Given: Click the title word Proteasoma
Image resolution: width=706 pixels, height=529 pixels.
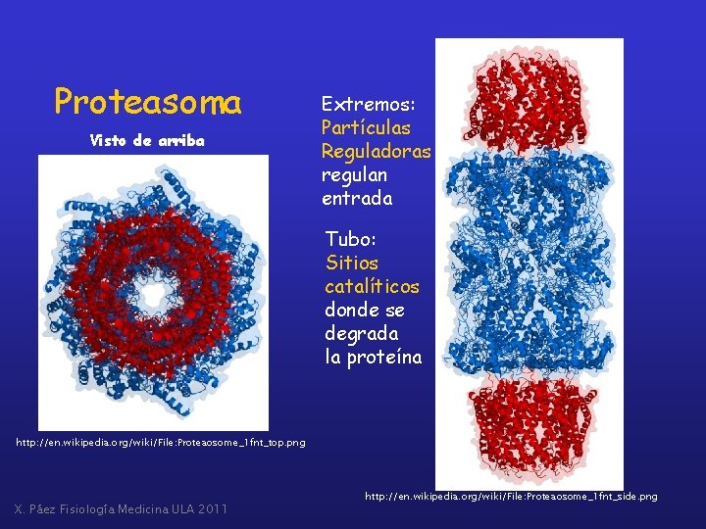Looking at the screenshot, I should [x=147, y=101].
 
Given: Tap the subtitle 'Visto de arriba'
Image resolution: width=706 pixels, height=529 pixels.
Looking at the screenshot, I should [x=147, y=140].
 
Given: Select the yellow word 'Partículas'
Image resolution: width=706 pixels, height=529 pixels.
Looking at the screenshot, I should [x=366, y=128].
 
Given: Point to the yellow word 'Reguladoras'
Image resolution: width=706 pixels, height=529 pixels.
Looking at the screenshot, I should [x=376, y=152].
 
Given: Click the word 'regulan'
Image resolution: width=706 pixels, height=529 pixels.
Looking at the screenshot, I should [x=354, y=175].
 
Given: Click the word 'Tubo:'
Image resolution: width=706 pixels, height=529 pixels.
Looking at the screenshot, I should [x=351, y=240].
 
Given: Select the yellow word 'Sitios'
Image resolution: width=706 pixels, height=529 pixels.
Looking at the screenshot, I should [x=352, y=264].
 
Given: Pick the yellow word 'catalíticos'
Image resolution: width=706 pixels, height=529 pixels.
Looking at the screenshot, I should [x=372, y=287].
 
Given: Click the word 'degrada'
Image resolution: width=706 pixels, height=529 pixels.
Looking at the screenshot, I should [x=362, y=334].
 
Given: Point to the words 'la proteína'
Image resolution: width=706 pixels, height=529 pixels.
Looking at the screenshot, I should [x=373, y=358].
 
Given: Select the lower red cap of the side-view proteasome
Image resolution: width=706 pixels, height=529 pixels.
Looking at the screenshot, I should [x=529, y=422].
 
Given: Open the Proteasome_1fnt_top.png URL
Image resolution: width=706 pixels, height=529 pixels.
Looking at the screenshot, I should [x=160, y=443].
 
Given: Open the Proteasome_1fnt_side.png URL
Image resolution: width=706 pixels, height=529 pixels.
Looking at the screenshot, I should [x=511, y=498].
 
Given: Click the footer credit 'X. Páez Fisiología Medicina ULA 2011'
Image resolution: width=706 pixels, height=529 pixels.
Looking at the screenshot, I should [x=121, y=508].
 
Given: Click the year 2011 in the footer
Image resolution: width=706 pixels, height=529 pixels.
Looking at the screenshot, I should [x=211, y=508].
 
